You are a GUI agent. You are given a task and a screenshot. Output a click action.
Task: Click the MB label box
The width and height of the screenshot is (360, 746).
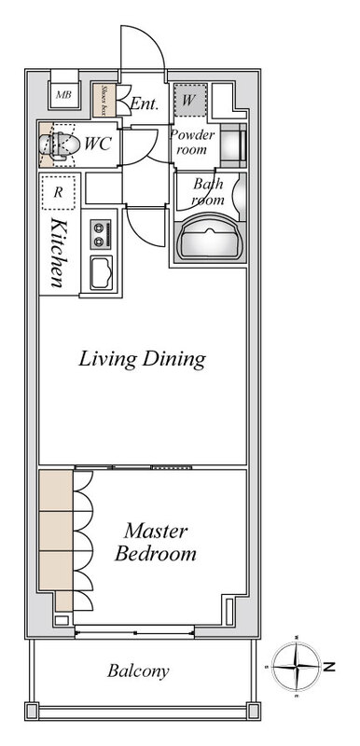point(63,94)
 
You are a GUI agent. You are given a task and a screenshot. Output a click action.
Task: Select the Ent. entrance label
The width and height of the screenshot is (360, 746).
point(144,104)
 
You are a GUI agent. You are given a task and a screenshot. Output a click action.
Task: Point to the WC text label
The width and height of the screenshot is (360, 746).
point(98,144)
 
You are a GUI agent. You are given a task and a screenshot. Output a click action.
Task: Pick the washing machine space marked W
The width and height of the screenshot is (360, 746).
point(190,100)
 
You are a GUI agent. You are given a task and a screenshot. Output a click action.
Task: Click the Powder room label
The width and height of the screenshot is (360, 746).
point(192,142)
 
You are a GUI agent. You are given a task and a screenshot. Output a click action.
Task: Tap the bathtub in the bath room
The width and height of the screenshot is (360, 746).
point(210,238)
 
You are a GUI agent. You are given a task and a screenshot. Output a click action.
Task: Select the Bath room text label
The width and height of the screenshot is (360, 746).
point(208,191)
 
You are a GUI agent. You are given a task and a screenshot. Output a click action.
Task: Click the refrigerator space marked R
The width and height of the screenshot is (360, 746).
point(58,192)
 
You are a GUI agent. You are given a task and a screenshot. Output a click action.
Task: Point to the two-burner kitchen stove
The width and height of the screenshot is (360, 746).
point(101,234)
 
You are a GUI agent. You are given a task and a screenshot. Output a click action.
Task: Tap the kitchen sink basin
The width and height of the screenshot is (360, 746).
point(102,272)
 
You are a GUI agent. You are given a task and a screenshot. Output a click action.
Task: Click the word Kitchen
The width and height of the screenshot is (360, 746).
point(58,253)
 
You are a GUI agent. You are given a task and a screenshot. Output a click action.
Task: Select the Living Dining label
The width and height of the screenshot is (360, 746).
point(142,359)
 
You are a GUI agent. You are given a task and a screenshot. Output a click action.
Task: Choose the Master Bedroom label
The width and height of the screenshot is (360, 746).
point(156,542)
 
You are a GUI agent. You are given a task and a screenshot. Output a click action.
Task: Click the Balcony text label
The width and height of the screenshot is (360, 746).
point(138,671)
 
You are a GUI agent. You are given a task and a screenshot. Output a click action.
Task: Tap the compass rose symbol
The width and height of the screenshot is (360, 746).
point(297,666)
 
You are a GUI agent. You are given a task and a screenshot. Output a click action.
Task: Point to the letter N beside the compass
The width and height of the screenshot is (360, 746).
point(329,667)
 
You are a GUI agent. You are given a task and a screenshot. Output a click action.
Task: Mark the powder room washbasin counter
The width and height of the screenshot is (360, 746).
point(233,145)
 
